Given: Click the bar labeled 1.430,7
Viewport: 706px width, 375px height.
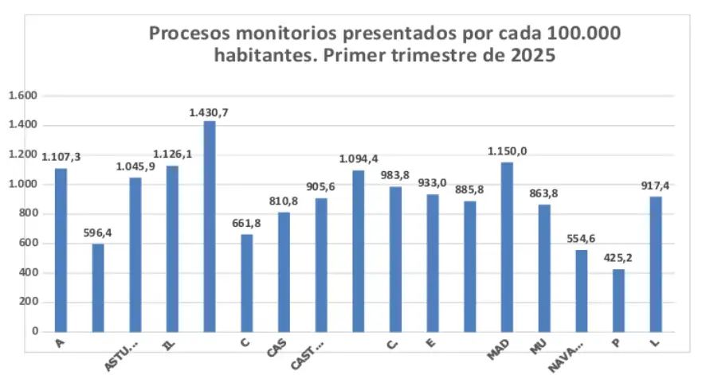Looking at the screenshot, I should [209, 226].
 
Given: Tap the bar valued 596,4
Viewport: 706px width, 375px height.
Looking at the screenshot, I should [98, 287].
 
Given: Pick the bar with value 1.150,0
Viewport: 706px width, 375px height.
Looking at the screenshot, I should [507, 247].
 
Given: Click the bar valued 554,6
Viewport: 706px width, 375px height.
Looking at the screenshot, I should [582, 291].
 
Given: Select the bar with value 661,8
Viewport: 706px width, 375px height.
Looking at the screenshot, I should [246, 283].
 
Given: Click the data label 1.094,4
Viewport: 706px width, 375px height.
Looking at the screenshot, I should [359, 158].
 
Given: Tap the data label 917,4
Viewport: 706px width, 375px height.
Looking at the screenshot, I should [656, 186].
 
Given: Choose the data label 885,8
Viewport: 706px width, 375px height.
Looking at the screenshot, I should [470, 189].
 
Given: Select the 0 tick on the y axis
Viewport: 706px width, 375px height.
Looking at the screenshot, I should [35, 331].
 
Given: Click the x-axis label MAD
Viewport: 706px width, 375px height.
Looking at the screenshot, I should [499, 350].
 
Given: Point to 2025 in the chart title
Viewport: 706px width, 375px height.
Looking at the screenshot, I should [531, 56].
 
